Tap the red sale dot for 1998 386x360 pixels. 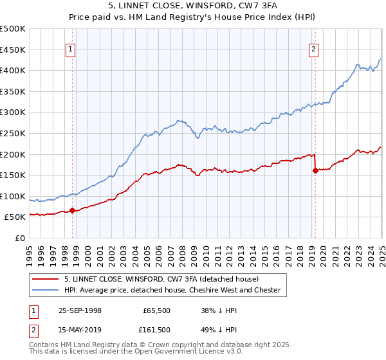[73, 210]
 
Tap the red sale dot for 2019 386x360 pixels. [316, 170]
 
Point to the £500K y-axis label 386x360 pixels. [13, 29]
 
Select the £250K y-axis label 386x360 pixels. [13, 133]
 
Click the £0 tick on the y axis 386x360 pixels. [21, 238]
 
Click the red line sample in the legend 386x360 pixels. [46, 279]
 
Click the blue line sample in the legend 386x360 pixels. [46, 290]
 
